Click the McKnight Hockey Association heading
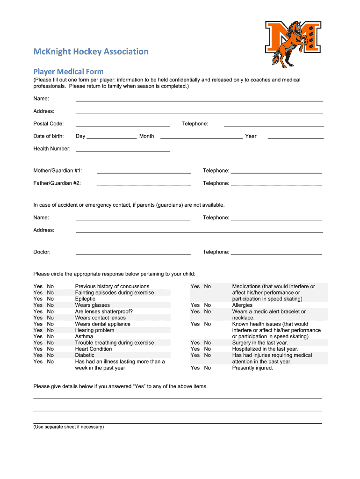(91, 51)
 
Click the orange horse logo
(293, 44)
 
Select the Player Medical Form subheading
(68, 72)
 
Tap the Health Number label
(52, 149)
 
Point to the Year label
(251, 136)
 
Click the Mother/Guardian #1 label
(58, 171)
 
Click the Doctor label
(42, 252)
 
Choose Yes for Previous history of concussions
(38, 286)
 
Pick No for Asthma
(50, 336)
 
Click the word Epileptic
(85, 299)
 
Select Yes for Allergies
(195, 305)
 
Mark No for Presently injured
(207, 368)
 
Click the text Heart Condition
(94, 349)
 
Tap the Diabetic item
(85, 355)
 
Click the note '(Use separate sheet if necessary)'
(68, 427)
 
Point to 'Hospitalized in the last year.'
(265, 349)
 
